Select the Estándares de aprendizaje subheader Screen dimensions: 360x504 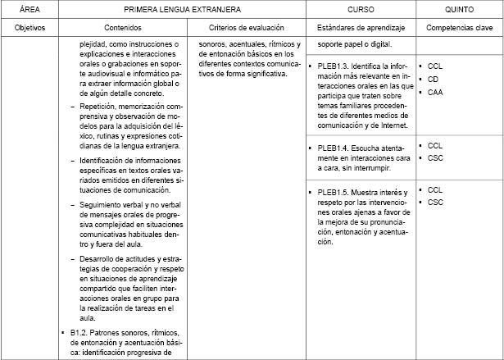click(x=361, y=26)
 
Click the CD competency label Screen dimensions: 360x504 click(x=434, y=78)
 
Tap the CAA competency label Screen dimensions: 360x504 click(x=435, y=92)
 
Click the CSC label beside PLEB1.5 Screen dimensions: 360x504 click(x=435, y=202)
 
